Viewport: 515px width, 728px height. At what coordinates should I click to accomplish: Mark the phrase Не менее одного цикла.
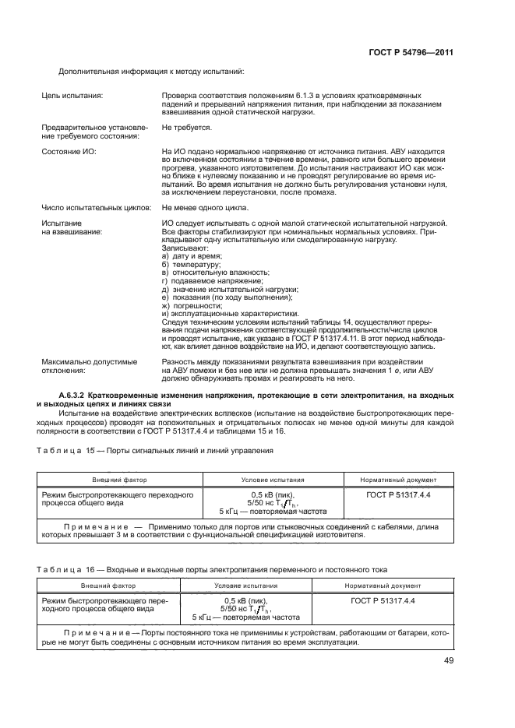click(x=205, y=208)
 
